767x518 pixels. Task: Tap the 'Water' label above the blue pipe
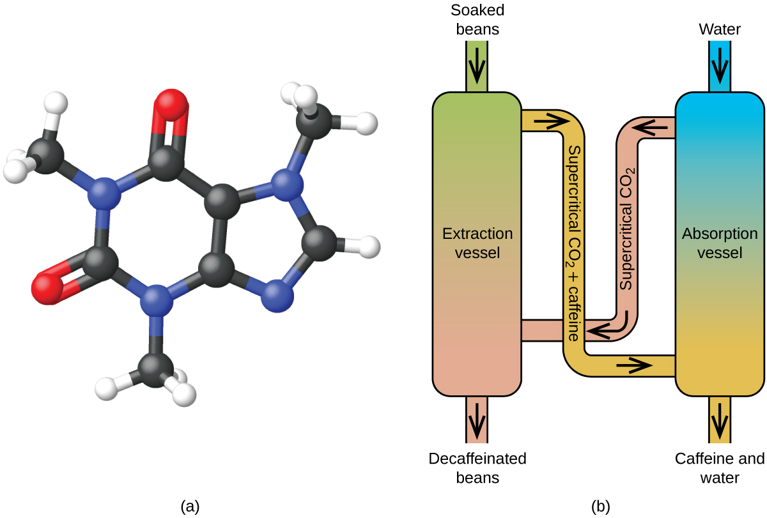(x=719, y=29)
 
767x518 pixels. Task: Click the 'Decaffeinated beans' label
(x=477, y=468)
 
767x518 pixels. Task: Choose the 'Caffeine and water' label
(x=719, y=468)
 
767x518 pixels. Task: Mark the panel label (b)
(x=601, y=506)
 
